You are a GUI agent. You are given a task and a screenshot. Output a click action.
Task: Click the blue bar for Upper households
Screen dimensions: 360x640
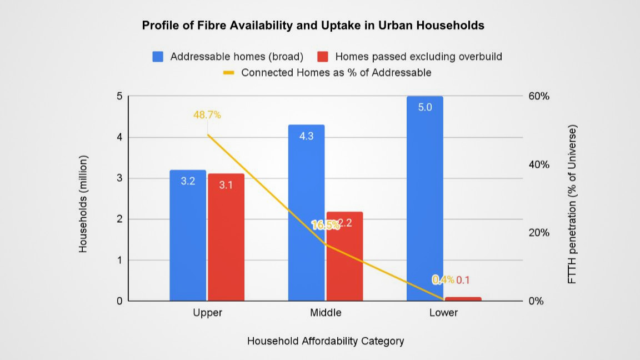[x=188, y=236]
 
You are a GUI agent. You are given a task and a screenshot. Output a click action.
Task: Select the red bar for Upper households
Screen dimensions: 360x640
[x=226, y=237]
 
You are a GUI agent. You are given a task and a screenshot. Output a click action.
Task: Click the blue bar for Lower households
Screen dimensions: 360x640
[x=425, y=198]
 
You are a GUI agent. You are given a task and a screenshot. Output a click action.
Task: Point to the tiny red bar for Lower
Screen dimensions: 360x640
[x=463, y=299]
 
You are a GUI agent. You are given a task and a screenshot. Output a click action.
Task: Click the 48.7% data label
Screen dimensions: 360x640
[x=207, y=115]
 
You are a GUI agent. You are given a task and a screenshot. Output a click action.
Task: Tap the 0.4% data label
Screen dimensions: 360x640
[x=443, y=279]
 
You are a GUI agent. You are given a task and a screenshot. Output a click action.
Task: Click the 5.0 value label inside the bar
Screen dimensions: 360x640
[x=425, y=107]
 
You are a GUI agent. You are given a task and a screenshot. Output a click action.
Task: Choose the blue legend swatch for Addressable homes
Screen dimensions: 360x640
[x=158, y=57]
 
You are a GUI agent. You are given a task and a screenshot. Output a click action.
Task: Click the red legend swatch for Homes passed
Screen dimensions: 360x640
[x=323, y=57]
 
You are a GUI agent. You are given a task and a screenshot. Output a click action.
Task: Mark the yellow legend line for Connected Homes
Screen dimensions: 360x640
[x=228, y=73]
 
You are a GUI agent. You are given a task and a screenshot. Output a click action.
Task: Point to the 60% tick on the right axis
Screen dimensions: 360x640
[x=538, y=96]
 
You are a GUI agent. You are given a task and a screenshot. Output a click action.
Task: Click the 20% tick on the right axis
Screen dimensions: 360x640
[x=538, y=233]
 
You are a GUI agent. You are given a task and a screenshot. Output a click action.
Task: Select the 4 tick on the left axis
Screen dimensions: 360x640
[x=118, y=137]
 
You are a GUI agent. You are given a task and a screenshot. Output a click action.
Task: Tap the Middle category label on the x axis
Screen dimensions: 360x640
[x=326, y=313]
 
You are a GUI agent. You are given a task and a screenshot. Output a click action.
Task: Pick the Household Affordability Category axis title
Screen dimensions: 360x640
[x=326, y=341]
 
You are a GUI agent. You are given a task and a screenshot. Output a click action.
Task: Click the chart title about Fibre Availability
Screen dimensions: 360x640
[x=313, y=26]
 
